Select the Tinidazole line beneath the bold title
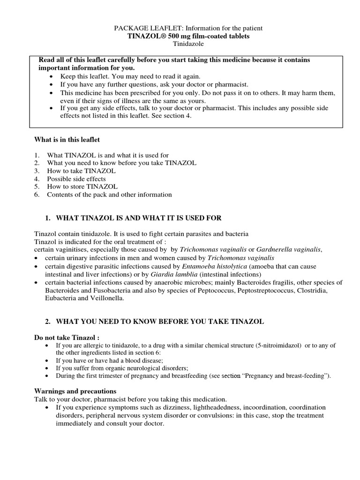pyautogui.click(x=180, y=44)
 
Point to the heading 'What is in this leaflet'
pyautogui.click(x=67, y=139)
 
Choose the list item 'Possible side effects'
pyautogui.click(x=76, y=179)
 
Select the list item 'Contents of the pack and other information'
pyautogui.click(x=109, y=195)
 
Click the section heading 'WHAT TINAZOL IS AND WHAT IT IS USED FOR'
pyautogui.click(x=139, y=218)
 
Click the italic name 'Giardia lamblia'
pyautogui.click(x=172, y=274)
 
